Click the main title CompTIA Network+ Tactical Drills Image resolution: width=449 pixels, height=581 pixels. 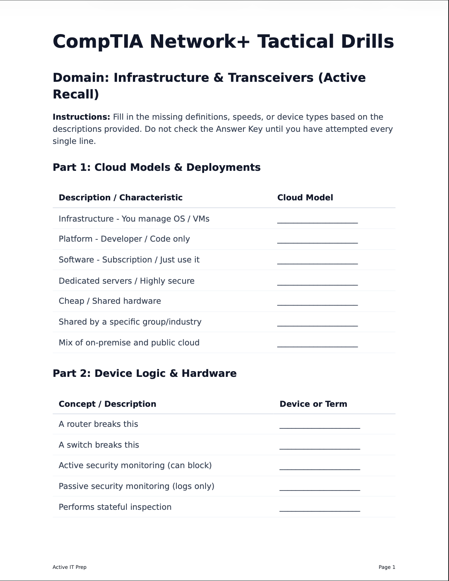click(x=223, y=42)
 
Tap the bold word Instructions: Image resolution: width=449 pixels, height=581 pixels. click(x=81, y=117)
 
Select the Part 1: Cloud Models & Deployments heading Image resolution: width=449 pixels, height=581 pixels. click(x=156, y=167)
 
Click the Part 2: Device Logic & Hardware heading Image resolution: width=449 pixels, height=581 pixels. click(x=144, y=373)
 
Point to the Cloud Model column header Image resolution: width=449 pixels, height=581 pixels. click(x=305, y=198)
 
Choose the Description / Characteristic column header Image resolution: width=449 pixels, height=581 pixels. click(x=120, y=198)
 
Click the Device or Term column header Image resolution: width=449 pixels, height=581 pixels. click(x=313, y=404)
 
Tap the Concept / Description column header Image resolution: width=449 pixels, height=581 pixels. click(x=107, y=404)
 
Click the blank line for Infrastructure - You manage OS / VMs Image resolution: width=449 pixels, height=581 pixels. click(x=317, y=220)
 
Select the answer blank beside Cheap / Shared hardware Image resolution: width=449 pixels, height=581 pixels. click(x=317, y=303)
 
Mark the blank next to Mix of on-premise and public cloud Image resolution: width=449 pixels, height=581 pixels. click(x=317, y=344)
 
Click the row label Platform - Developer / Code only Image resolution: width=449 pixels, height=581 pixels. click(x=124, y=239)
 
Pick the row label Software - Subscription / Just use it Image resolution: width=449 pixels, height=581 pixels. click(x=129, y=260)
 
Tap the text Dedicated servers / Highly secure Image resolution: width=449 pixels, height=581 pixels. click(x=126, y=281)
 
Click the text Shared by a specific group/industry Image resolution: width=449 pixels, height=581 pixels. click(x=130, y=322)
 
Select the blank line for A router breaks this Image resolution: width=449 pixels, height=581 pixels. click(x=320, y=426)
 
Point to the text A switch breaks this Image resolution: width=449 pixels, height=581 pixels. click(x=99, y=445)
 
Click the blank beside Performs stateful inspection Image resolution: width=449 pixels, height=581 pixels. click(x=320, y=509)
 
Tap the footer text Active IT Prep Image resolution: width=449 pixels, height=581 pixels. click(x=69, y=567)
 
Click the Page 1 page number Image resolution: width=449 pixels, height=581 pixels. click(x=387, y=567)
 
